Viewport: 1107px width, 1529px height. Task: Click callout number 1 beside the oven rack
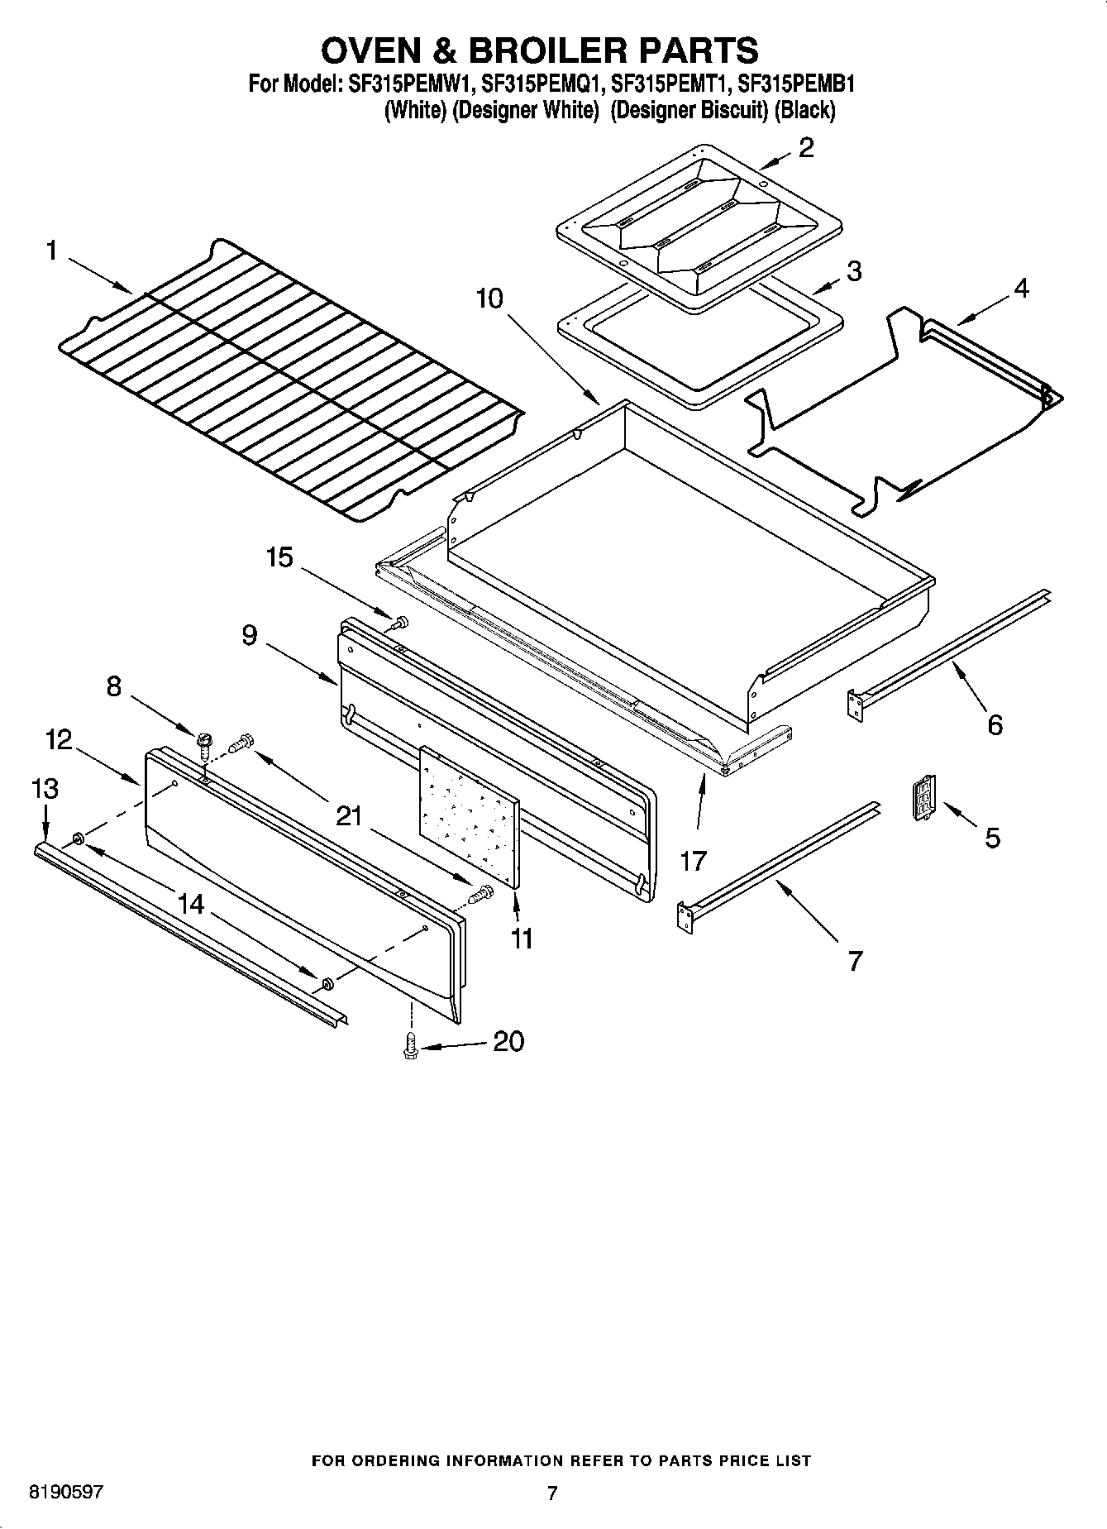coord(52,250)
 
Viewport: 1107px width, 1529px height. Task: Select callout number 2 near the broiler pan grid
coord(806,148)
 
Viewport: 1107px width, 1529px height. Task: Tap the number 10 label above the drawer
coord(489,298)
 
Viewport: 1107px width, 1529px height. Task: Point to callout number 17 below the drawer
coord(693,861)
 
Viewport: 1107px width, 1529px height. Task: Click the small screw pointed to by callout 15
coord(402,621)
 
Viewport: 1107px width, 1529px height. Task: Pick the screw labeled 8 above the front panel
coord(203,738)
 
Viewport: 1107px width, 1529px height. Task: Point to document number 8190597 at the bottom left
coord(66,1493)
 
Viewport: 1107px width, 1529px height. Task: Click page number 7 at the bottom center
coord(552,1493)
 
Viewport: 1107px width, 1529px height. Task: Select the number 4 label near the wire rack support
coord(1021,289)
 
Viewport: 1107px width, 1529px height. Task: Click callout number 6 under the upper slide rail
coord(995,725)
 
